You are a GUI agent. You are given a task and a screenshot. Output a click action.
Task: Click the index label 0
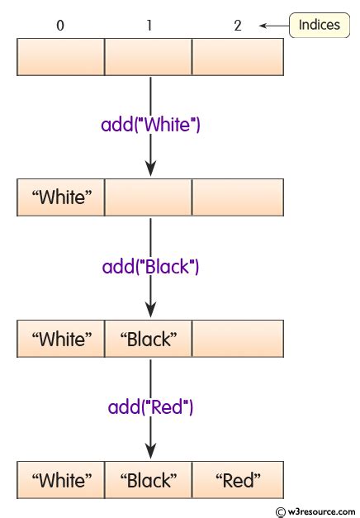pos(60,26)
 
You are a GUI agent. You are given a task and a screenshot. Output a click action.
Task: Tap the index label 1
pos(149,26)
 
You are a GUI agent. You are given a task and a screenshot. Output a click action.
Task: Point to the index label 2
pos(238,26)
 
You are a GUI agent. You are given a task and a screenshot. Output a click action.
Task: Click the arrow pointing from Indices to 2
pos(273,26)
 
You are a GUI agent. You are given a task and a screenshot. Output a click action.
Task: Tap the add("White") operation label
pos(151,126)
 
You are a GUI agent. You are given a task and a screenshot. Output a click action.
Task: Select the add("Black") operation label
pos(151,267)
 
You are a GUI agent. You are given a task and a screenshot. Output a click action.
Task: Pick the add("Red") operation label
pos(151,407)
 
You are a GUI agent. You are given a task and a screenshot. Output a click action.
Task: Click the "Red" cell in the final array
pos(238,479)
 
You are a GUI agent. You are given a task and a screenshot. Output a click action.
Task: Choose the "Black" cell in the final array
pos(149,479)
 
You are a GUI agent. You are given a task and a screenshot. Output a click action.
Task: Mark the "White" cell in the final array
pos(61,479)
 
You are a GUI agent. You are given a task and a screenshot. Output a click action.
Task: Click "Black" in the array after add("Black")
pos(149,339)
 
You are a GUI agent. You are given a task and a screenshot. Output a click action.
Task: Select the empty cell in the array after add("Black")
pos(238,339)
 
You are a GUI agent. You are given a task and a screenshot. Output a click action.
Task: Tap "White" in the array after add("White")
pos(61,198)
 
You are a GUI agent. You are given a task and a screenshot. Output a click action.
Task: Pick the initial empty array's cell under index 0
pos(61,57)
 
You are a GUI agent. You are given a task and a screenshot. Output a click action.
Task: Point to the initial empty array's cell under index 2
pos(238,57)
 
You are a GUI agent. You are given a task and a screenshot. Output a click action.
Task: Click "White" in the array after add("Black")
pos(61,339)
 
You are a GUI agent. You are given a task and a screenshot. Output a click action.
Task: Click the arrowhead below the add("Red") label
pos(150,451)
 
